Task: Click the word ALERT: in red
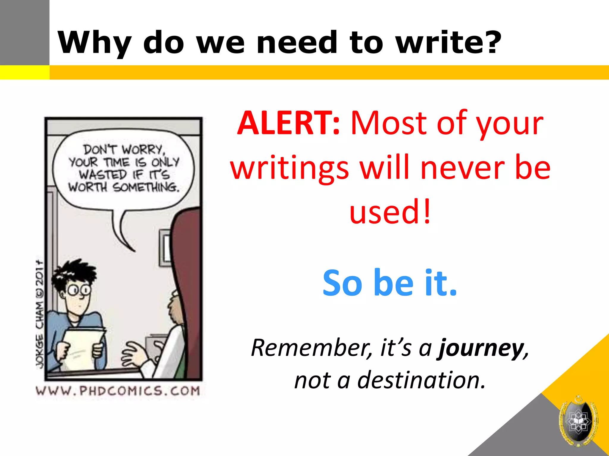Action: pyautogui.click(x=288, y=123)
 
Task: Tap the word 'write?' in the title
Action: pyautogui.click(x=448, y=42)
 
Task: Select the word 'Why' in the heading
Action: pyautogui.click(x=95, y=42)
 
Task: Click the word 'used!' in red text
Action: pyautogui.click(x=390, y=211)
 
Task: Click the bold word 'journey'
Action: pyautogui.click(x=481, y=348)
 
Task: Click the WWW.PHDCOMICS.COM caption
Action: pyautogui.click(x=118, y=391)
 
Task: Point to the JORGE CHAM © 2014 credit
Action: pyautogui.click(x=40, y=315)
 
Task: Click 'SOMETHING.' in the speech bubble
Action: pyautogui.click(x=146, y=187)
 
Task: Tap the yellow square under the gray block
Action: pyautogui.click(x=25, y=72)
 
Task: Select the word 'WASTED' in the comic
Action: pyautogui.click(x=103, y=175)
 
